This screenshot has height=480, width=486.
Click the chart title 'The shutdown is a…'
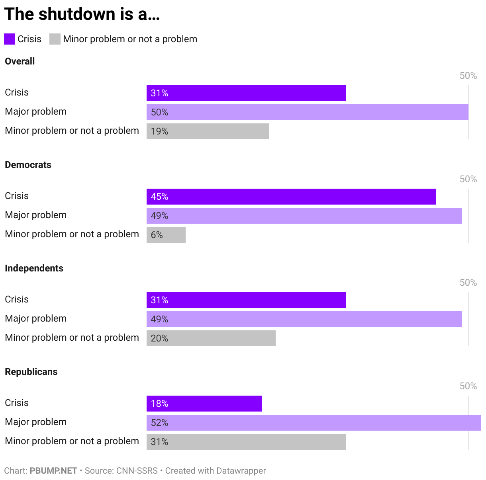(82, 14)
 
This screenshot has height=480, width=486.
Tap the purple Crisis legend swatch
(10, 39)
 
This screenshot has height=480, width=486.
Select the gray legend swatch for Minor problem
(55, 39)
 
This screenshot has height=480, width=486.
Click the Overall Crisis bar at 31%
(246, 93)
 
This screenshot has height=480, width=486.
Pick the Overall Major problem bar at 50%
(307, 112)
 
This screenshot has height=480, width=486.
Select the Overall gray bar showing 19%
(208, 131)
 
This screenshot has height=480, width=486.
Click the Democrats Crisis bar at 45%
(291, 197)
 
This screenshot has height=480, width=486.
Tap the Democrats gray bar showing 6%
(166, 235)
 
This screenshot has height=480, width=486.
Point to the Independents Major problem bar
(304, 319)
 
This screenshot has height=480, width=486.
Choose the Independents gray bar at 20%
(211, 338)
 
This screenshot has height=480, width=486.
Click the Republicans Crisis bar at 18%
(204, 404)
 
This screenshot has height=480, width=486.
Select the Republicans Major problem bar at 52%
(314, 423)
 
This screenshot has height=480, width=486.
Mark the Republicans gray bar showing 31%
(246, 442)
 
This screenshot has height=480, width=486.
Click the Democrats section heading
(28, 165)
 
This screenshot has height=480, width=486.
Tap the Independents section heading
(34, 268)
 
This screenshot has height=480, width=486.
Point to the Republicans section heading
(31, 372)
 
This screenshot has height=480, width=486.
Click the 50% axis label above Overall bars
(468, 76)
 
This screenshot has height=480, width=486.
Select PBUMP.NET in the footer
(53, 470)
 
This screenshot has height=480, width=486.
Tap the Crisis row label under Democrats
(17, 196)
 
